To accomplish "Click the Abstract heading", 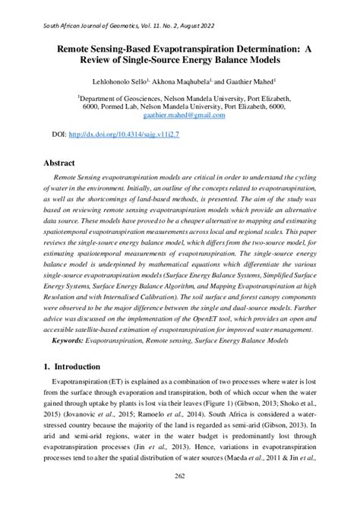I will [x=59, y=163].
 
